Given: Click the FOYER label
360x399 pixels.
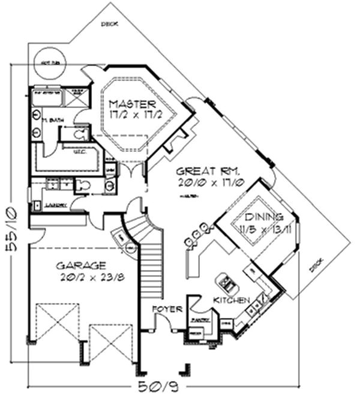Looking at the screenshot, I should pyautogui.click(x=167, y=309).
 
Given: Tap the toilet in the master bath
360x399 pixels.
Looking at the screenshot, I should pyautogui.click(x=80, y=133).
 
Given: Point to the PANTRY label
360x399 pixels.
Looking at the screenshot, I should pyautogui.click(x=200, y=320).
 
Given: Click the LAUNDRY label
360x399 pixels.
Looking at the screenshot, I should pyautogui.click(x=57, y=205).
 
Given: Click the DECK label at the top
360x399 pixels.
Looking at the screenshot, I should pyautogui.click(x=109, y=25).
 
